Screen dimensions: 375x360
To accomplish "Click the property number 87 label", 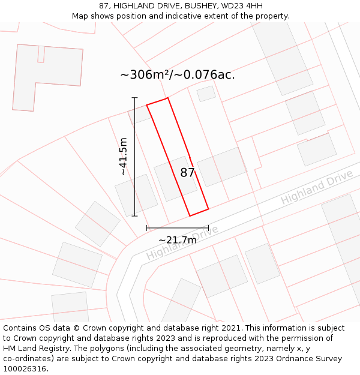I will click(187, 173).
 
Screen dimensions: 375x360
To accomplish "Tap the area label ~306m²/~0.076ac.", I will click(178, 75).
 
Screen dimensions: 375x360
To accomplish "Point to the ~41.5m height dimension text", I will click(123, 157).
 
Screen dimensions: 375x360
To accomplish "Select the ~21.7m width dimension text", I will click(178, 240).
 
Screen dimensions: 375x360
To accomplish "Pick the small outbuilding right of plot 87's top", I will click(206, 94).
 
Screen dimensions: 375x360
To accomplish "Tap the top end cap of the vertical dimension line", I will click(134, 97).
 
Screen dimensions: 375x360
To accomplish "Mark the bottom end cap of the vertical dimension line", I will click(134, 216).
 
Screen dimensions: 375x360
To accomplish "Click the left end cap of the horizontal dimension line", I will click(146, 228).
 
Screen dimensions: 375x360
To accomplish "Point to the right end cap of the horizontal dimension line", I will click(208, 228).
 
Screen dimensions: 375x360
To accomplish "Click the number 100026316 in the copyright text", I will click(24, 369).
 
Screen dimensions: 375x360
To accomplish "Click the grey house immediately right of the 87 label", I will click(222, 166).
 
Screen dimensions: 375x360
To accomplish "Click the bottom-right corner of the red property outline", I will click(208, 209).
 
